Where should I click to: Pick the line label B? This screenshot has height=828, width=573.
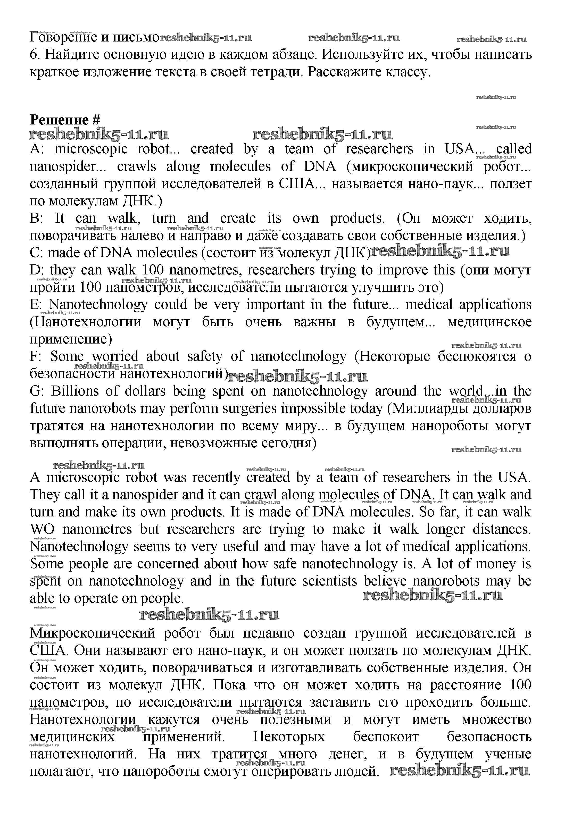click(x=36, y=218)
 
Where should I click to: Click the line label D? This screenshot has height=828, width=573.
click(x=36, y=270)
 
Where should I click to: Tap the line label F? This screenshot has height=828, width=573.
click(x=36, y=356)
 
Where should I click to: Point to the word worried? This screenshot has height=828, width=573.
click(x=115, y=356)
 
